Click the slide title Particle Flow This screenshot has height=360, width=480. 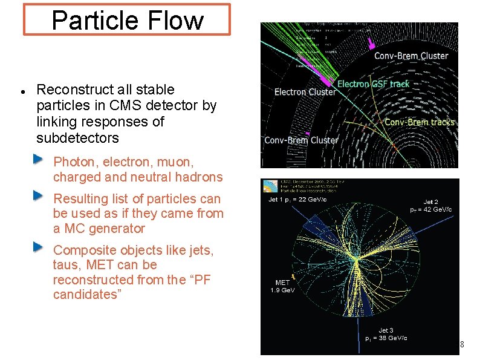[x=128, y=20]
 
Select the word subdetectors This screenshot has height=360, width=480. [x=77, y=138]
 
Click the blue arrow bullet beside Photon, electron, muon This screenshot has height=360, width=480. [x=38, y=159]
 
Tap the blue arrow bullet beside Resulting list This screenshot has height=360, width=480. [x=38, y=195]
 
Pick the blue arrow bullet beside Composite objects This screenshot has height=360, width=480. [x=38, y=247]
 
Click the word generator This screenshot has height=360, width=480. [x=114, y=229]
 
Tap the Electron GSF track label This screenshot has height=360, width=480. [x=373, y=84]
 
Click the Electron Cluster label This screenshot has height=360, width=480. [x=305, y=93]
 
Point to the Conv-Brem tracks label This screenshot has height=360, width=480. [x=419, y=122]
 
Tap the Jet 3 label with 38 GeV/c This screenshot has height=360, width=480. [x=386, y=334]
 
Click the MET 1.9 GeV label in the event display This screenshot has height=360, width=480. [x=282, y=286]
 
